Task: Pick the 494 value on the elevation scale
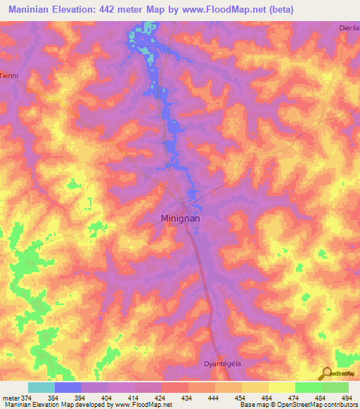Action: [x=347, y=397]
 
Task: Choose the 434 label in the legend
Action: [x=188, y=397]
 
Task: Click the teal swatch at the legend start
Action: [x=41, y=387]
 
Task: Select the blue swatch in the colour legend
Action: [x=68, y=387]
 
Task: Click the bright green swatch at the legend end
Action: [x=335, y=387]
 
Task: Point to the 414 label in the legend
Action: [x=135, y=397]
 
